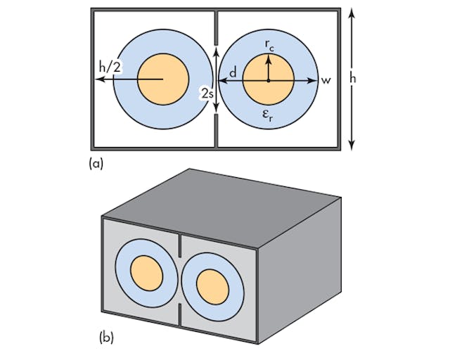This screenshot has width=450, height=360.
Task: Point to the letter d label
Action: click(x=232, y=72)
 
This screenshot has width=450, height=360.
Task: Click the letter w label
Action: click(x=326, y=80)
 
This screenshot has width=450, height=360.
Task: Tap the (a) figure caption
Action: click(x=96, y=163)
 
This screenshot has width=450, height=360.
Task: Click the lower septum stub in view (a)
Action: click(x=215, y=131)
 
